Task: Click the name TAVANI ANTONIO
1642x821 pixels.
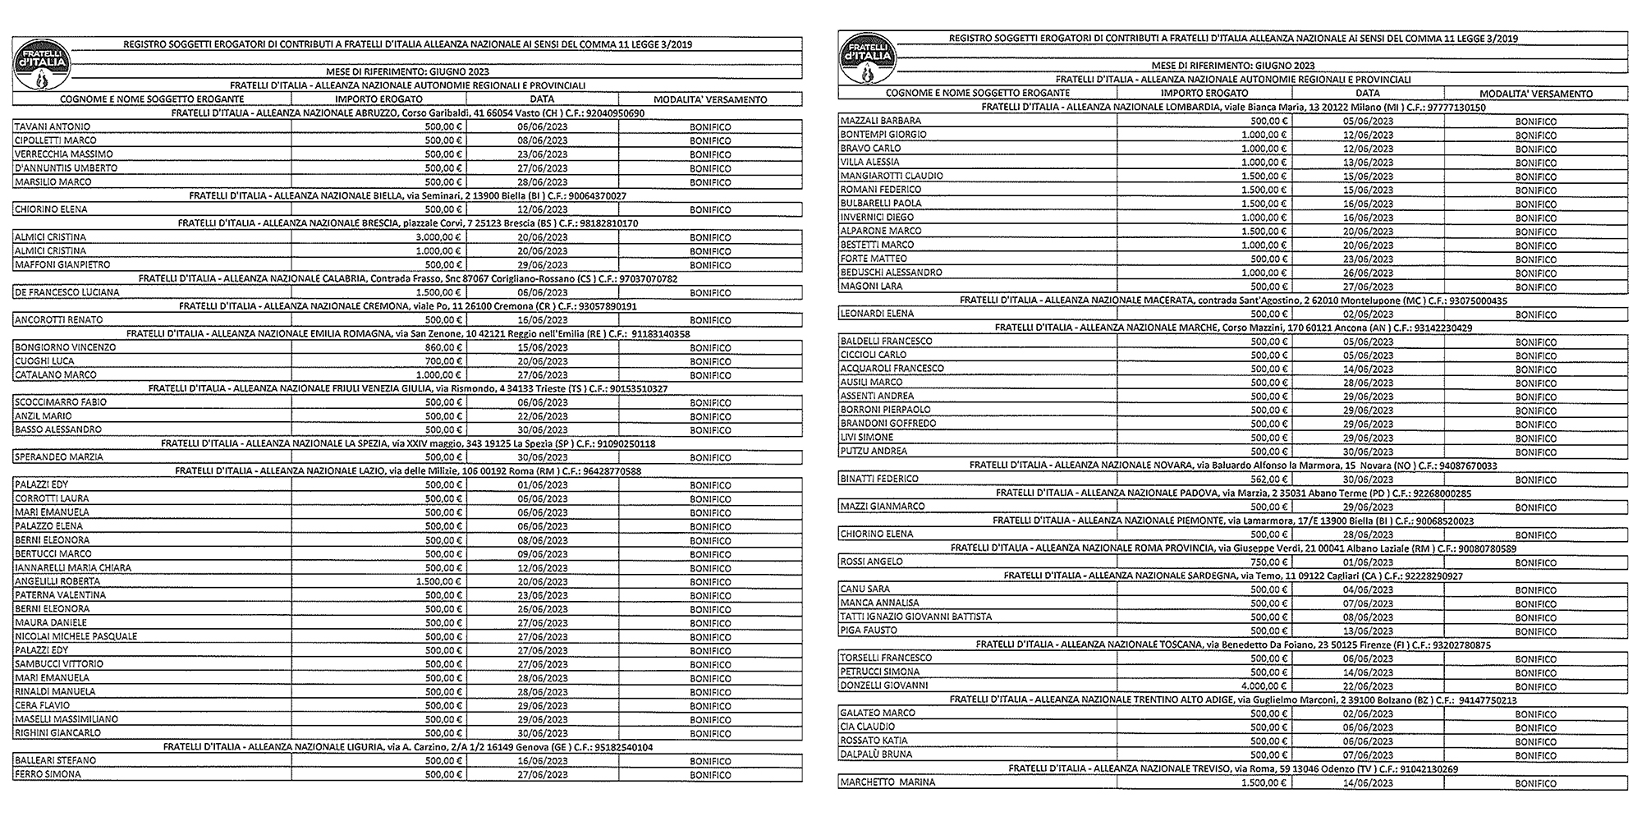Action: (x=53, y=126)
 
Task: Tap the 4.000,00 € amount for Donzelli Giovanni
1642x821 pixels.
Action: (x=1264, y=686)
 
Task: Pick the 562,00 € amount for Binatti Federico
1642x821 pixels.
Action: (x=1268, y=479)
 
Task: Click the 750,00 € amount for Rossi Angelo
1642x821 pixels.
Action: (x=1268, y=562)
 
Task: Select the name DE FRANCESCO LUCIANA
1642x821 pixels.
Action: (x=67, y=292)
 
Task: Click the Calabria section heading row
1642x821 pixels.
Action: (x=408, y=279)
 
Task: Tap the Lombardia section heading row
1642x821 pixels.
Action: (x=1233, y=108)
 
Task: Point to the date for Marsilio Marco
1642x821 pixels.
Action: (x=542, y=182)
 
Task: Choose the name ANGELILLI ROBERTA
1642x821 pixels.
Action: (x=57, y=581)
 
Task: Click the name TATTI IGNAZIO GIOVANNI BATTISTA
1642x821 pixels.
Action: (x=915, y=617)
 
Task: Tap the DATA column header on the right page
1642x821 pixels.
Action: (x=1367, y=94)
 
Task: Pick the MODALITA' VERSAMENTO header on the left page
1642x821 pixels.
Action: (x=710, y=99)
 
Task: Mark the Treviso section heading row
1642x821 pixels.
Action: (x=1233, y=769)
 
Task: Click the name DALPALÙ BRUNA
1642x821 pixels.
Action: (x=876, y=754)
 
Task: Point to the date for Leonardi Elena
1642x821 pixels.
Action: (x=1369, y=314)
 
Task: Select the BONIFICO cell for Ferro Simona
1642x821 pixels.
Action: (x=710, y=775)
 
